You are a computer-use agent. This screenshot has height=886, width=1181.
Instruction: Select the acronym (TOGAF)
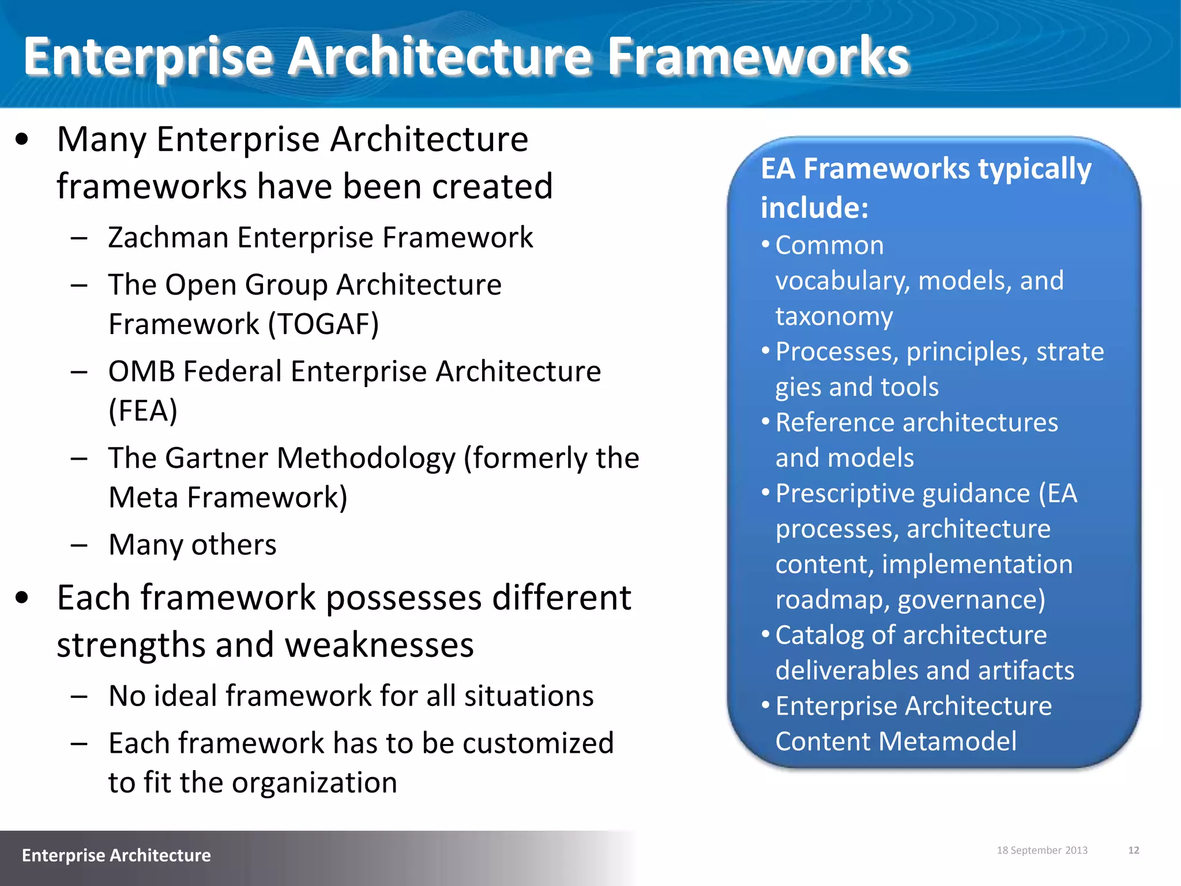tap(324, 324)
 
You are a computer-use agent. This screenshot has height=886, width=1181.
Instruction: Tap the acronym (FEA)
tap(142, 411)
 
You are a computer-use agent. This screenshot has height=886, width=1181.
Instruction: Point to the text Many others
tap(192, 545)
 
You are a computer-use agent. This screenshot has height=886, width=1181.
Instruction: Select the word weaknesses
tap(379, 645)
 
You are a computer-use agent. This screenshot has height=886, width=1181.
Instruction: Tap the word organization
tap(314, 783)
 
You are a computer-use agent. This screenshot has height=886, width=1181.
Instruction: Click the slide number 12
tap(1133, 850)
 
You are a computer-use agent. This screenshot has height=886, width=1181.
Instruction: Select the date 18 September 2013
tap(1041, 850)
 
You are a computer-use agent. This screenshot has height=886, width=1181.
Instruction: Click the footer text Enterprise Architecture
tap(116, 855)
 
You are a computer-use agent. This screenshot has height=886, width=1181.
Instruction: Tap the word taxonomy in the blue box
tap(834, 317)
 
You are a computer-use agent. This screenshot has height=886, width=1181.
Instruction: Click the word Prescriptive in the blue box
tap(844, 494)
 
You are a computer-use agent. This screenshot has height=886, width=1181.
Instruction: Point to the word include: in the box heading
tap(814, 208)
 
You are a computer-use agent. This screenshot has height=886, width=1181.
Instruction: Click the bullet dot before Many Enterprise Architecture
tap(22, 140)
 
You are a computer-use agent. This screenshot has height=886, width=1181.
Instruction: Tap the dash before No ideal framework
tap(79, 696)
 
